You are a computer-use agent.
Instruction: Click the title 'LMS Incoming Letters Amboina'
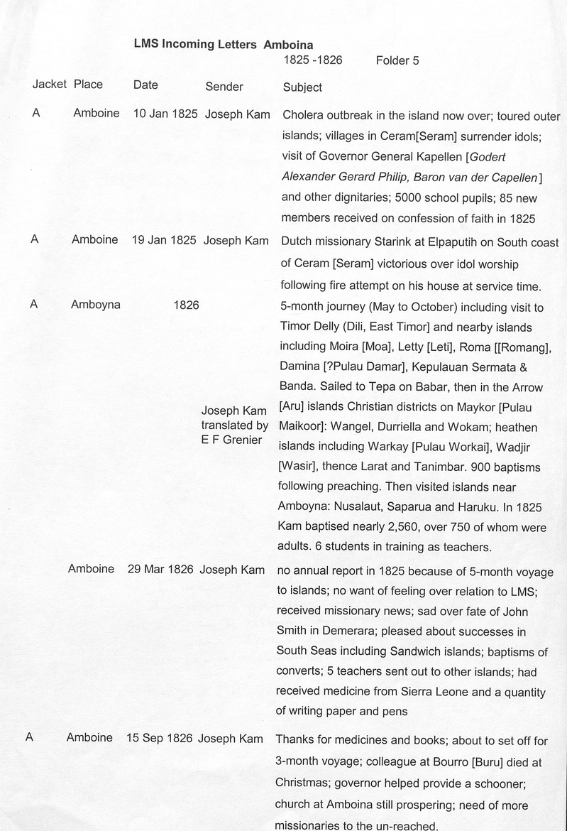[224, 44]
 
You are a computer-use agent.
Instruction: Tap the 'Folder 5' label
[397, 61]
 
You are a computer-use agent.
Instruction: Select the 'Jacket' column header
[49, 85]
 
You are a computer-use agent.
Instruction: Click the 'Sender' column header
[224, 87]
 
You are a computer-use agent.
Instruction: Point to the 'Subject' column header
[302, 87]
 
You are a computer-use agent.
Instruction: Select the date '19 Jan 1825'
[164, 240]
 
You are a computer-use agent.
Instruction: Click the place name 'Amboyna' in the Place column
[96, 305]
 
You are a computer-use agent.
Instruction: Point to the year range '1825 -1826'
[313, 60]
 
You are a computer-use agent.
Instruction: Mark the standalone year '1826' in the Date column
[186, 305]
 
